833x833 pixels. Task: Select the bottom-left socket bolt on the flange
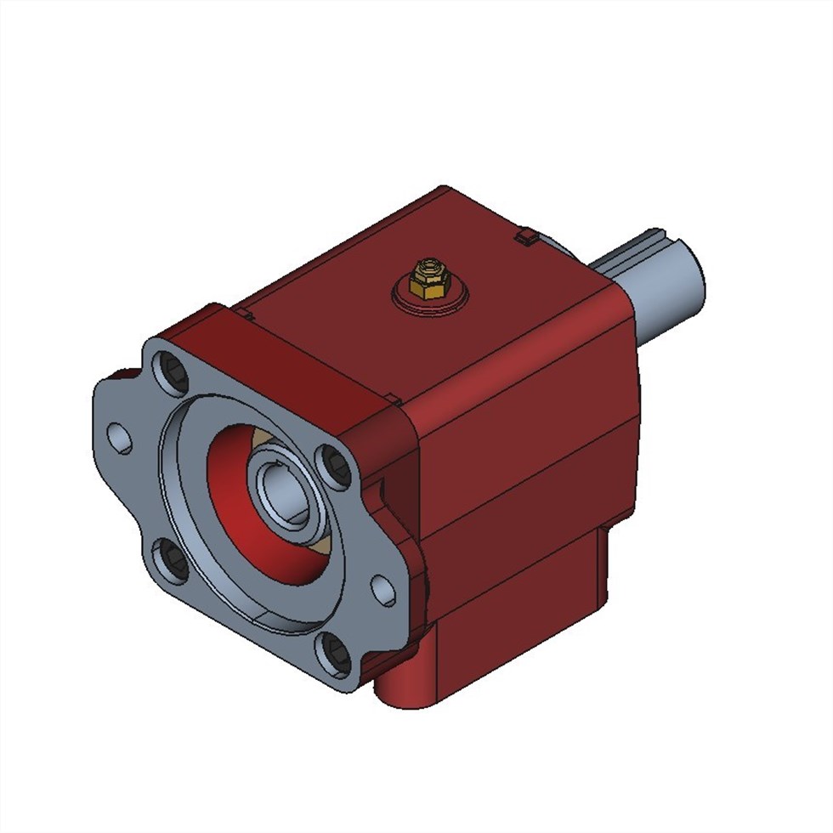(170, 562)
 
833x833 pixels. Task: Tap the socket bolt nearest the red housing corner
(335, 466)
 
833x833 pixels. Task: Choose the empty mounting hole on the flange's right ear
(383, 589)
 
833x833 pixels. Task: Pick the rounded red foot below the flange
(399, 684)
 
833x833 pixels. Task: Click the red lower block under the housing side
(518, 612)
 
